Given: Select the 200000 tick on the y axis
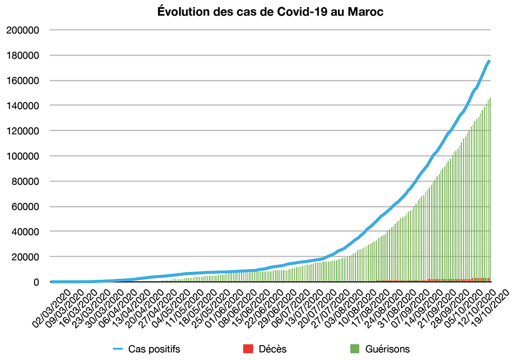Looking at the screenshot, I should coord(22,30).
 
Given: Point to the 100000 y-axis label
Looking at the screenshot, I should coord(22,156).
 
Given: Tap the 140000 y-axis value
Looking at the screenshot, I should coord(22,106).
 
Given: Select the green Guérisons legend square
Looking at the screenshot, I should coord(353,349).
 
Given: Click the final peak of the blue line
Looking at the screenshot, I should coord(489,61).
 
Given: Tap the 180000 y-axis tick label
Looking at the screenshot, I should coord(22,55).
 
